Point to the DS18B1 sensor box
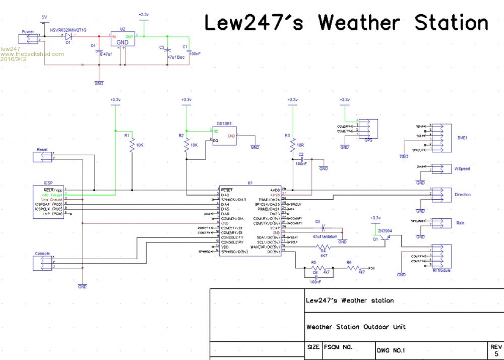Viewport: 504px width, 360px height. [224, 136]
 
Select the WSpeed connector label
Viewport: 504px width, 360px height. [462, 169]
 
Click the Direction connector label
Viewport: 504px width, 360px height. [463, 195]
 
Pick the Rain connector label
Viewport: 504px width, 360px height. [460, 223]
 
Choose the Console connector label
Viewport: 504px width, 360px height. [42, 253]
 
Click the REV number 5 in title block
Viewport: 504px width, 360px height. [496, 354]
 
